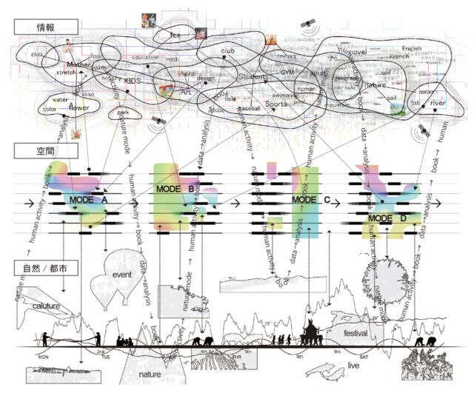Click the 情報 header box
46,27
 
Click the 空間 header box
46,151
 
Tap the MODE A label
90,200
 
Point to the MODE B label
176,189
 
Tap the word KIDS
133,81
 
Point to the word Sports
276,104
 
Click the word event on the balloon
122,274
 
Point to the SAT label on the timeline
384,357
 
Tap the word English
411,49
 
